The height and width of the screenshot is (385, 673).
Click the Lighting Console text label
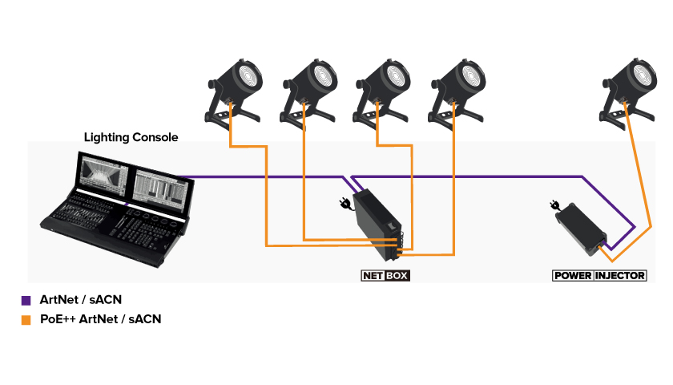click(x=131, y=137)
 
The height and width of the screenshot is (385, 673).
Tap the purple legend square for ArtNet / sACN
click(x=26, y=302)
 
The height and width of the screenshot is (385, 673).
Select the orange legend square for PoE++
click(x=26, y=319)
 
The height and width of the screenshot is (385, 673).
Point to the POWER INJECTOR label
click(x=600, y=276)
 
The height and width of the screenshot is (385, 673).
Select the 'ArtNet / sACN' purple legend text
click(x=77, y=301)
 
